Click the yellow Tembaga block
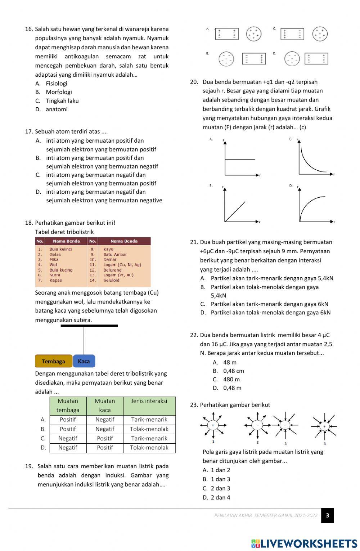pyautogui.click(x=54, y=361)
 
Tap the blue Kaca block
pyautogui.click(x=84, y=361)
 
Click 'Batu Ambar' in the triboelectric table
pyautogui.click(x=115, y=254)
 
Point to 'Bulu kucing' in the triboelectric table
pyautogui.click(x=61, y=270)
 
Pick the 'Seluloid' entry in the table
pyautogui.click(x=111, y=280)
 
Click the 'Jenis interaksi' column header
pyautogui.click(x=149, y=401)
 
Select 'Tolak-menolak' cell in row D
pyautogui.click(x=149, y=448)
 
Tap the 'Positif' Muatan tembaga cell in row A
pyautogui.click(x=68, y=420)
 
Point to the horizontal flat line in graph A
pyautogui.click(x=240, y=159)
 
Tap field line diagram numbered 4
pyautogui.click(x=324, y=426)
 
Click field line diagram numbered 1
pyautogui.click(x=213, y=425)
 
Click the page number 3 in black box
pyautogui.click(x=327, y=515)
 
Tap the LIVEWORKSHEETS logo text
pyautogui.click(x=304, y=543)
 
